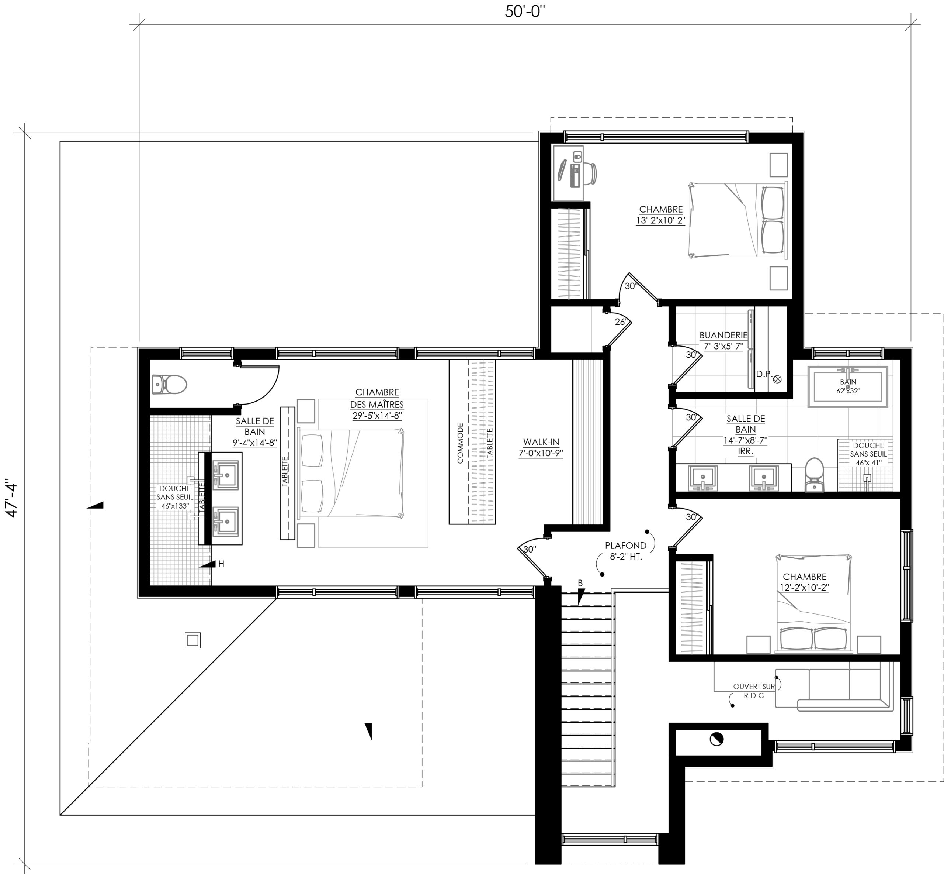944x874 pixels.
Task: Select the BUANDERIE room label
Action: (x=723, y=336)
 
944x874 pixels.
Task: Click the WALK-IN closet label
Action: (x=541, y=442)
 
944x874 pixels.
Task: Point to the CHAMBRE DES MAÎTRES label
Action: (x=377, y=398)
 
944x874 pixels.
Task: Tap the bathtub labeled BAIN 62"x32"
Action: (x=848, y=386)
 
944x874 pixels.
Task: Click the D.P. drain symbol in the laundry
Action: (x=777, y=379)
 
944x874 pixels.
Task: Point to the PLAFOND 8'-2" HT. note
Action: (x=625, y=551)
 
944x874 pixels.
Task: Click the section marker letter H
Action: (x=221, y=564)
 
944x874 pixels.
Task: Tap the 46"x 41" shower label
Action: (x=868, y=463)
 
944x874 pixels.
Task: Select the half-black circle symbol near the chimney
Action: (x=716, y=739)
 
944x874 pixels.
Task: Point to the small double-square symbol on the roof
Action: (x=192, y=640)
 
